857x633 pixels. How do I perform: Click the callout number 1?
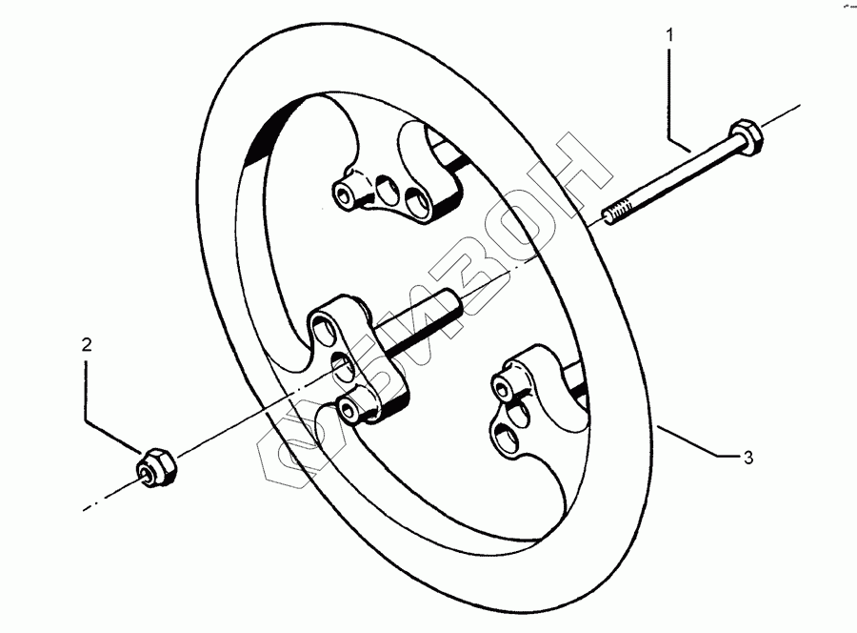click(670, 35)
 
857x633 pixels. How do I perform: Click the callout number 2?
click(86, 344)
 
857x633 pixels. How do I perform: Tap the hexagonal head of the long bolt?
click(743, 140)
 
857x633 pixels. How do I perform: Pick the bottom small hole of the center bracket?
click(352, 411)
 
